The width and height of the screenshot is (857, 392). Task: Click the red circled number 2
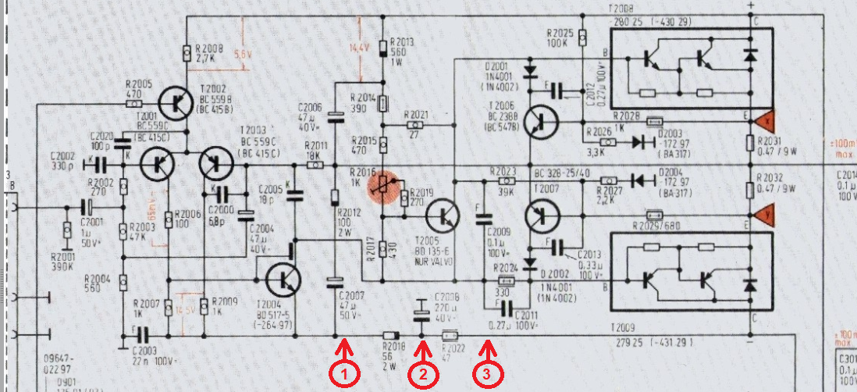click(x=422, y=374)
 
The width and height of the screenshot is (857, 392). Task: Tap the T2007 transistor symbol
click(x=540, y=212)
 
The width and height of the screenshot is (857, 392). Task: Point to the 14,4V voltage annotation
click(x=358, y=48)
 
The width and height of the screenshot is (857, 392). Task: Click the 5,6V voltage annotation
click(x=243, y=55)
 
